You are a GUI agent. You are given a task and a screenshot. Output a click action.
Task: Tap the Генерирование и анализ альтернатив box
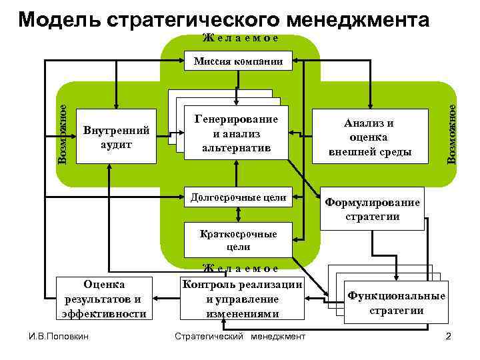pos(236,133)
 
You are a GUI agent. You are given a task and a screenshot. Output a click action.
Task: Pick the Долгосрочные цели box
pos(238,197)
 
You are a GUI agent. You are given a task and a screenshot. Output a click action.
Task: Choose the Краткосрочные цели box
pos(238,240)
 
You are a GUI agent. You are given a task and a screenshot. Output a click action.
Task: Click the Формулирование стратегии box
pos(372,209)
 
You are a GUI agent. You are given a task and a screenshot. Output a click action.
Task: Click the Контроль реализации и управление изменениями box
pos(242,299)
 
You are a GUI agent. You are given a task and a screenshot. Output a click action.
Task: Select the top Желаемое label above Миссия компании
pos(240,38)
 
